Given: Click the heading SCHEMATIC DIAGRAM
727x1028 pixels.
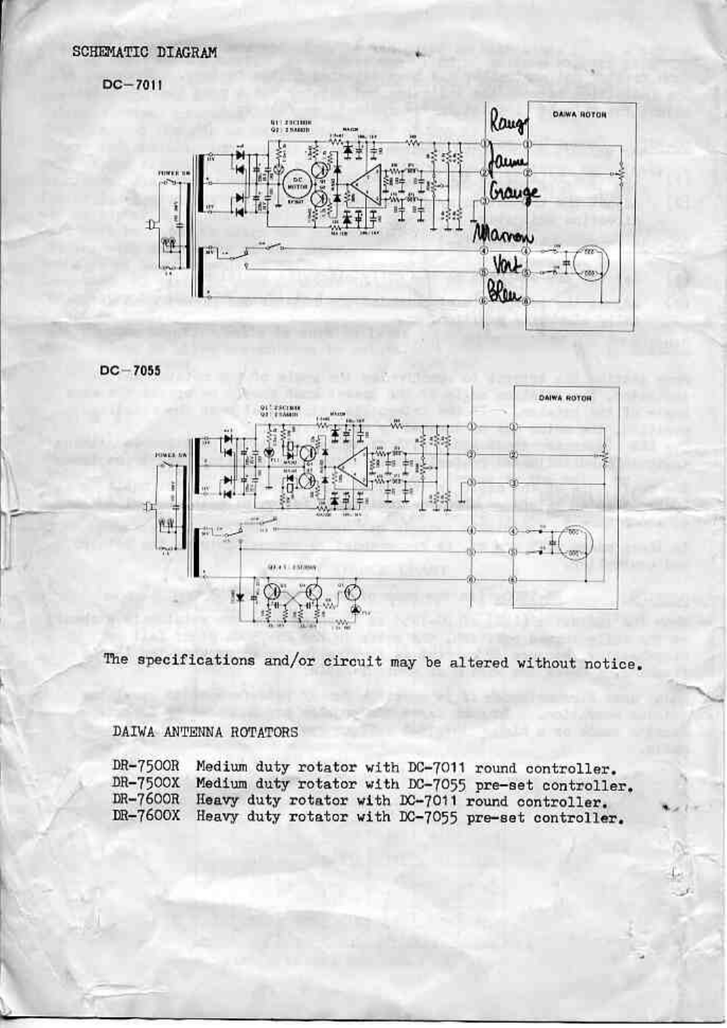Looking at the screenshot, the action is point(144,52).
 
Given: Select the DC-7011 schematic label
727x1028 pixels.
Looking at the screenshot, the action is point(133,85).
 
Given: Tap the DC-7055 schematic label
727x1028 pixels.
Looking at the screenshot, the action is point(130,370).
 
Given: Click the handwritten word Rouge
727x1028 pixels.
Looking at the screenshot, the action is point(508,125).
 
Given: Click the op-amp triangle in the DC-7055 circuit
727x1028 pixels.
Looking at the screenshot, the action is point(351,467).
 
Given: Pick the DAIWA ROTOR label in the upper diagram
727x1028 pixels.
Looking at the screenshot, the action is point(579,114).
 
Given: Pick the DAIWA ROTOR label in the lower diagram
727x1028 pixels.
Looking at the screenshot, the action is point(565,398).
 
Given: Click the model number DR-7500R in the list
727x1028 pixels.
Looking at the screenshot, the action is point(146,766).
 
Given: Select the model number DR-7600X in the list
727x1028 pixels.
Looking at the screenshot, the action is point(146,816).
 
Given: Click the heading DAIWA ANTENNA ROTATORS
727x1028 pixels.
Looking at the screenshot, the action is point(205,732).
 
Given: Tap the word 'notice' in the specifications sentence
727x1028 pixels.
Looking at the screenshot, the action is point(613,664).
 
